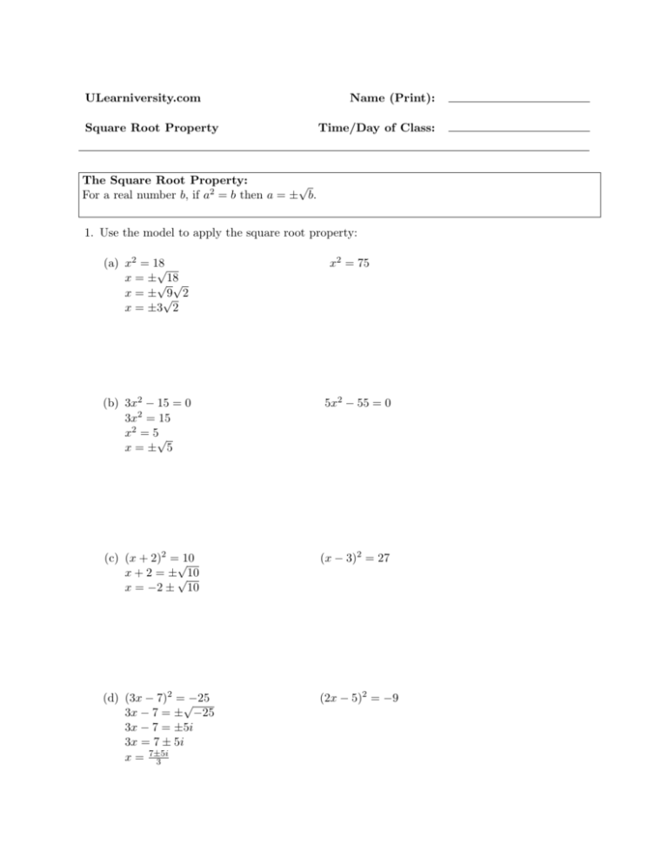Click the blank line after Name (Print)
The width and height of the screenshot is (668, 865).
(x=518, y=103)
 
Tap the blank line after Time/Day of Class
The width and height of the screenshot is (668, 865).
(x=518, y=131)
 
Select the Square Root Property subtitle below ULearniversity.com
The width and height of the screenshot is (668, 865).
(x=150, y=129)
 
